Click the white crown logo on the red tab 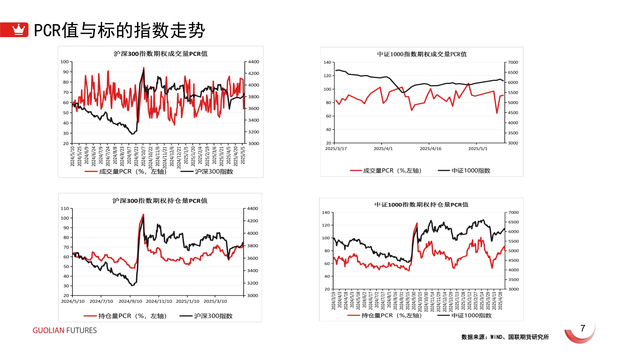18,29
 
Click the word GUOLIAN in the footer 48,330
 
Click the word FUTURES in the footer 81,330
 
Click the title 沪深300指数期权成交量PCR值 161,54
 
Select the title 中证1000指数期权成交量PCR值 422,54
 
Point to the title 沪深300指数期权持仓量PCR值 160,201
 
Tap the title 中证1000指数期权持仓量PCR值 421,205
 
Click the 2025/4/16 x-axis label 430,149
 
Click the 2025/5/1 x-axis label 478,149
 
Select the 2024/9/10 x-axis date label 130,301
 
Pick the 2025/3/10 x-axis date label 215,301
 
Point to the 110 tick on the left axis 65,208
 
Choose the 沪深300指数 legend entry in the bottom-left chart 213,316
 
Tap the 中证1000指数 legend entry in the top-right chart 471,171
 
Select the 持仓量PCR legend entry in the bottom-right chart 391,315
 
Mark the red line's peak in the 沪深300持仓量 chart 143,214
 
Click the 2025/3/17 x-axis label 336,149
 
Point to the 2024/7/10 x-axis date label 101,301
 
